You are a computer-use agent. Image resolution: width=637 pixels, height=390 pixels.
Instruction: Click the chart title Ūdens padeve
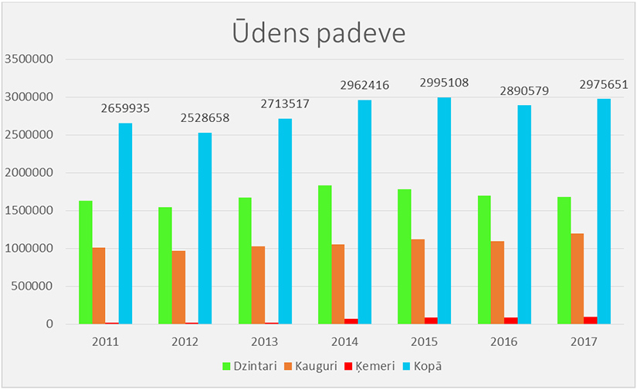[318, 33]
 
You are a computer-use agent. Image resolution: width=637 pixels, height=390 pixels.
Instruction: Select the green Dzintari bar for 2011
[85, 263]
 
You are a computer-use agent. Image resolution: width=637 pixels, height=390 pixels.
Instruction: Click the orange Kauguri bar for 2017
[577, 279]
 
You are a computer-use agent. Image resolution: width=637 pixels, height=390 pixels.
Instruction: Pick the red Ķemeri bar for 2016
[510, 320]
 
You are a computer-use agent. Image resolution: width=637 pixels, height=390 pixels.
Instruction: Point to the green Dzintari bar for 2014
[324, 255]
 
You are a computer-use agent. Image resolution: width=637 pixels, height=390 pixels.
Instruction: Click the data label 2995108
[444, 83]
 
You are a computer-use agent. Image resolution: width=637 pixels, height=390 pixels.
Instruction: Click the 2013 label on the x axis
[265, 341]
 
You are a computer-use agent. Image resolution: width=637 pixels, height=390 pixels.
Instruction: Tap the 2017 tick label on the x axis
[583, 341]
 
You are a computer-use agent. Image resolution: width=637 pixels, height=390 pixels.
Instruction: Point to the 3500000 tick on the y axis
[29, 59]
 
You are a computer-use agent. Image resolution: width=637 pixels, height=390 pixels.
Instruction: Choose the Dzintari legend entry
[250, 366]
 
